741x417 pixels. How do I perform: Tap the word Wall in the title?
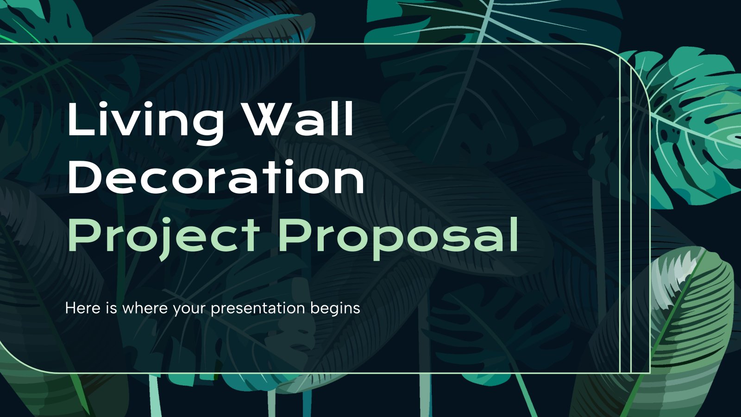click(301, 119)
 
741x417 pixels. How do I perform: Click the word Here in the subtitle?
click(83, 308)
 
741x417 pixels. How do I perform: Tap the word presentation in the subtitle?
click(258, 309)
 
